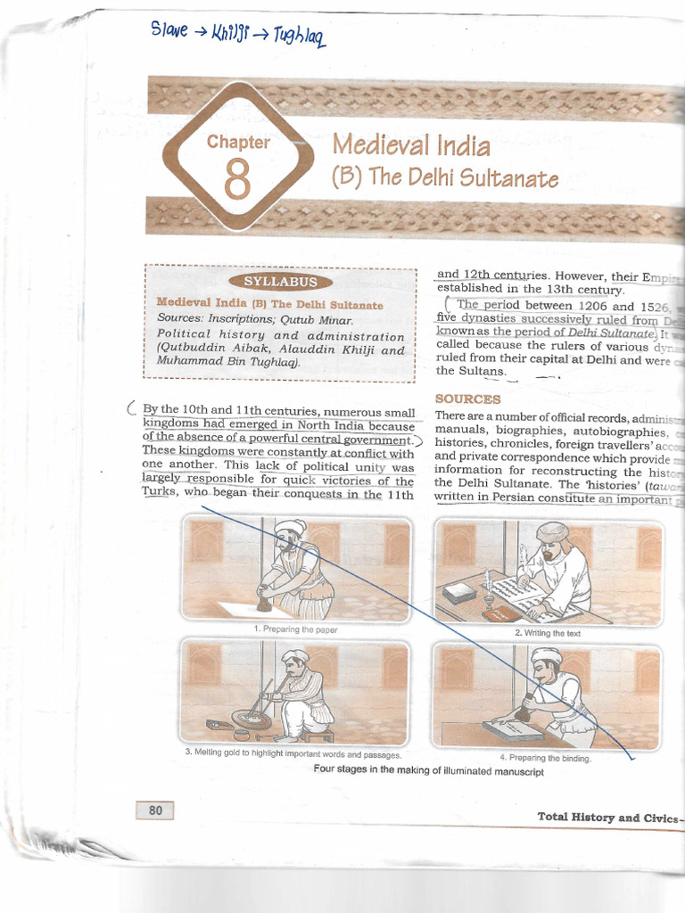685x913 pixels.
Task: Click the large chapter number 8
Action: (236, 178)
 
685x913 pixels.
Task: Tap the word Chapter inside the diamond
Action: (237, 142)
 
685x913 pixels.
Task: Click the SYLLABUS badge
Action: (280, 282)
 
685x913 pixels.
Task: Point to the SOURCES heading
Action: (467, 399)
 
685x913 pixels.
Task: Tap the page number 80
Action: (155, 810)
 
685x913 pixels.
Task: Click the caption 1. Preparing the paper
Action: (295, 629)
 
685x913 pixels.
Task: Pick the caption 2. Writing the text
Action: (547, 632)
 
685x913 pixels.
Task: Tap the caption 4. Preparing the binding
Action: (545, 759)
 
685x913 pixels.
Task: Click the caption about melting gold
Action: (293, 754)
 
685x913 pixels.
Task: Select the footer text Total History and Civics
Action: (607, 817)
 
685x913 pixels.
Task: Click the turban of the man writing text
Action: (552, 532)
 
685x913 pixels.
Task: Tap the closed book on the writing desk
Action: (459, 593)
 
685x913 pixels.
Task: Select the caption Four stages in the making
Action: (428, 771)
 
